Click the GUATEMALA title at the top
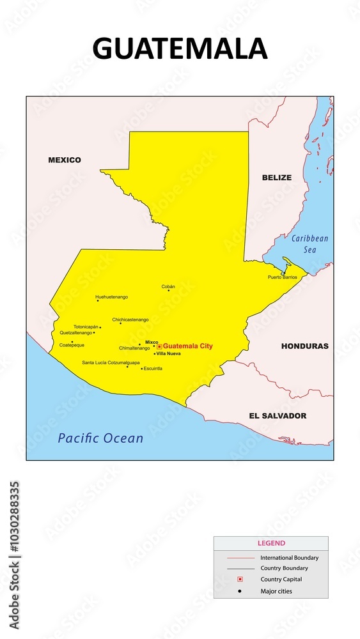(x=180, y=49)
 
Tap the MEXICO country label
(x=65, y=160)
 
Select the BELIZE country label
(x=276, y=178)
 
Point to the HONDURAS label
(x=305, y=346)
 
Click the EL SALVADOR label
(x=278, y=415)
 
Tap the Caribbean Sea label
(x=309, y=244)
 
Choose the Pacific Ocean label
(x=100, y=438)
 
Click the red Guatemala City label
(x=188, y=346)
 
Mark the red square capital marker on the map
(x=159, y=346)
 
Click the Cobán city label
(x=168, y=286)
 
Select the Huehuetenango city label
(x=111, y=297)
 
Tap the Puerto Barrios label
(x=282, y=277)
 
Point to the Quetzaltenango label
(x=76, y=332)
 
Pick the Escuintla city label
(x=153, y=368)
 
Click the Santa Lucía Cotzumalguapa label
(x=111, y=362)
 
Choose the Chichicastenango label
(x=130, y=319)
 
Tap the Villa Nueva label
(x=169, y=353)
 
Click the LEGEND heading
(x=271, y=543)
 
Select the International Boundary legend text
(x=289, y=558)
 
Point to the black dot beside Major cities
(x=240, y=591)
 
